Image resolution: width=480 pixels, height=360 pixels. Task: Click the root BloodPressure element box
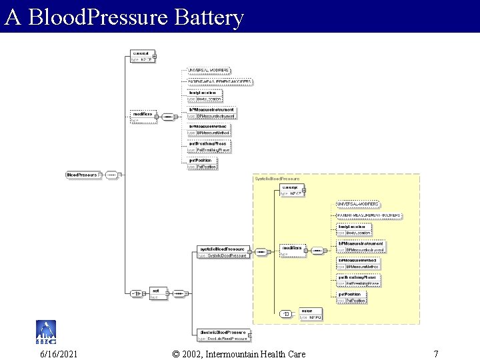pyautogui.click(x=83, y=175)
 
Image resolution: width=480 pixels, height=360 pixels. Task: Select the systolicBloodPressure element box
pyautogui.click(x=223, y=251)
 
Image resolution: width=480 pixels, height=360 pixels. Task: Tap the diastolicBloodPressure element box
pyautogui.click(x=223, y=335)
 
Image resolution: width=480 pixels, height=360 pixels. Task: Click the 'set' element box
pyautogui.click(x=158, y=293)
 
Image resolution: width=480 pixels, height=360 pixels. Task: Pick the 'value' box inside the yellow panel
pyautogui.click(x=310, y=313)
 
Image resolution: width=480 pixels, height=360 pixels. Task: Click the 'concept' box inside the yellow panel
pyautogui.click(x=292, y=190)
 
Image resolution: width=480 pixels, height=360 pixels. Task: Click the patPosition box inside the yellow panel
pyautogui.click(x=351, y=297)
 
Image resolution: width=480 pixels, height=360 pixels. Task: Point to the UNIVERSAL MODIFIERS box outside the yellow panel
pyautogui.click(x=209, y=70)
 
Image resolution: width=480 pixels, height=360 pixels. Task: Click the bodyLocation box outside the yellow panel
pyautogui.click(x=204, y=95)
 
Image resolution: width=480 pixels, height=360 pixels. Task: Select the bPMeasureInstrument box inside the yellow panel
pyautogui.click(x=361, y=247)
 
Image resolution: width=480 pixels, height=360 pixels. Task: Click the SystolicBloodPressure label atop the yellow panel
pyautogui.click(x=277, y=179)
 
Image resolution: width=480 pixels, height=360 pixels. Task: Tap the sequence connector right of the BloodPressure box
pyautogui.click(x=112, y=175)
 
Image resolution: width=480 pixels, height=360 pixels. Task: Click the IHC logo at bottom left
pyautogui.click(x=45, y=331)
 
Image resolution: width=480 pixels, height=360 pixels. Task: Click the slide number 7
pyautogui.click(x=435, y=353)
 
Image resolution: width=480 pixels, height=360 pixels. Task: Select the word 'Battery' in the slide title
pyautogui.click(x=209, y=17)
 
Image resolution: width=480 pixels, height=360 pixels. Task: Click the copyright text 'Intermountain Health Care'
pyautogui.click(x=257, y=353)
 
